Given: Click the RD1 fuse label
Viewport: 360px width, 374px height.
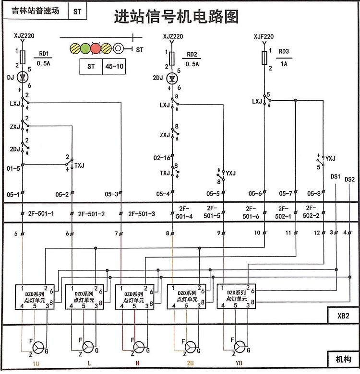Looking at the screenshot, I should point(44,54).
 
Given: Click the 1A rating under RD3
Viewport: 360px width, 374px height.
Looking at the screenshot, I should point(284,63).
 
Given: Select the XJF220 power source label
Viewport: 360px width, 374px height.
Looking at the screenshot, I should point(263,36).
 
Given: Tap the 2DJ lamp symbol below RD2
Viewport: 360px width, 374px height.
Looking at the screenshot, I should point(172,78).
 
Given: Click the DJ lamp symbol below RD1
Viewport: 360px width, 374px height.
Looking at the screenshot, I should point(21,77).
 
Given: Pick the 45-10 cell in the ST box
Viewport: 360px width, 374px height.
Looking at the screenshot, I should point(115,67).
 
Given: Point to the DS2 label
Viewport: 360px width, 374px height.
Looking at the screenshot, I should point(349,180).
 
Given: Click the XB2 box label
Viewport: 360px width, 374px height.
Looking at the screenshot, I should point(342,316).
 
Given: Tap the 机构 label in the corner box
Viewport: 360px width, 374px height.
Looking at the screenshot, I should point(343,359).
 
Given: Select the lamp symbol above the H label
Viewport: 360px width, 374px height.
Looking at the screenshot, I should point(139,347).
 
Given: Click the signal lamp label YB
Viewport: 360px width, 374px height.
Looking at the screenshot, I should point(240,364).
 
